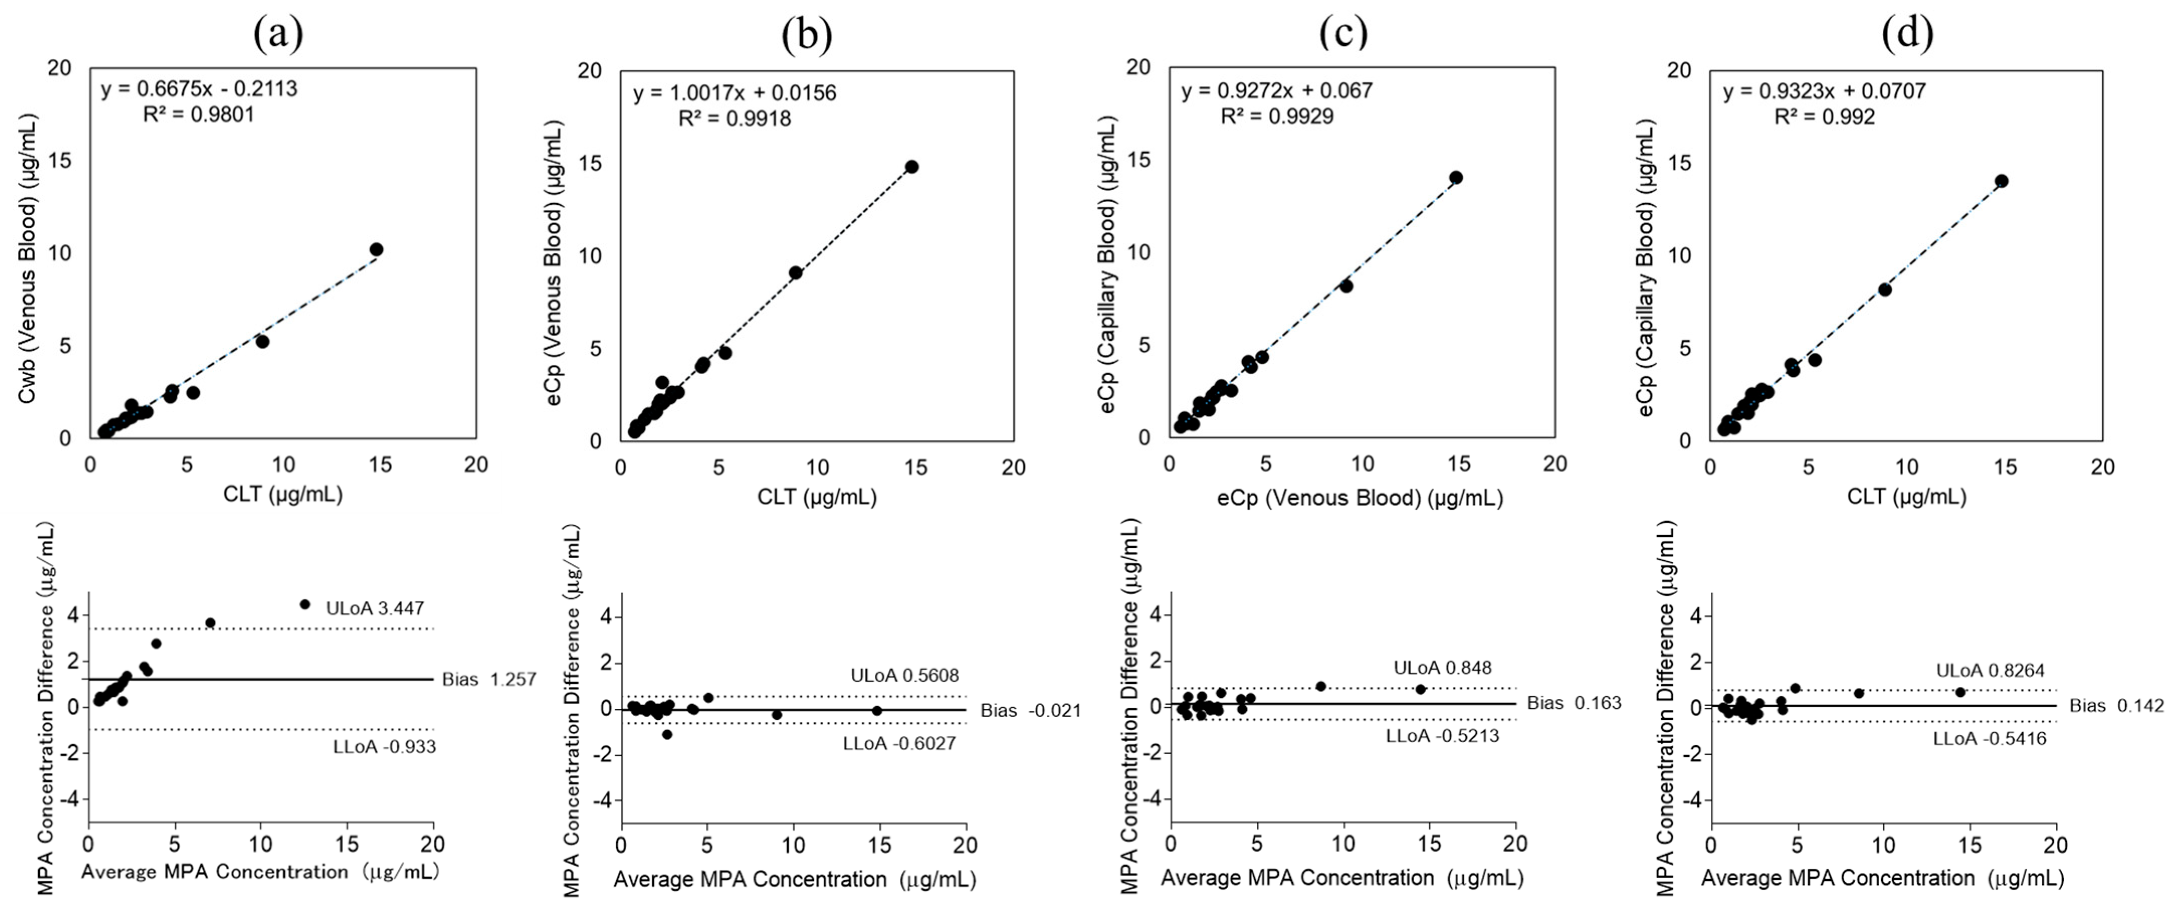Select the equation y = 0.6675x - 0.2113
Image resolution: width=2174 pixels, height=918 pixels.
pos(199,88)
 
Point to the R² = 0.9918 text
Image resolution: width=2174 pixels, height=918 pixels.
pos(734,118)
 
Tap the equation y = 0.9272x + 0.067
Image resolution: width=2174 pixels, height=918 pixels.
pos(1277,90)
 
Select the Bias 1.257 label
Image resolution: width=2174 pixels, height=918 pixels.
pos(489,679)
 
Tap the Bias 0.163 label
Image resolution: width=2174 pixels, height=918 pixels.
pos(1574,703)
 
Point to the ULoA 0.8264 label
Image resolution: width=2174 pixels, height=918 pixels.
pos(1990,671)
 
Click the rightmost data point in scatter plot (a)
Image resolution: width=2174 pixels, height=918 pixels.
pos(376,249)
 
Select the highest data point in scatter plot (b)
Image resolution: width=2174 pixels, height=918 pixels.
pos(912,166)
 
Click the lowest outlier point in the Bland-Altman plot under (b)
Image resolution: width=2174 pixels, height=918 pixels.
pos(667,735)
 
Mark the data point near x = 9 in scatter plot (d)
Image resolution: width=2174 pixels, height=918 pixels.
pos(1885,290)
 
